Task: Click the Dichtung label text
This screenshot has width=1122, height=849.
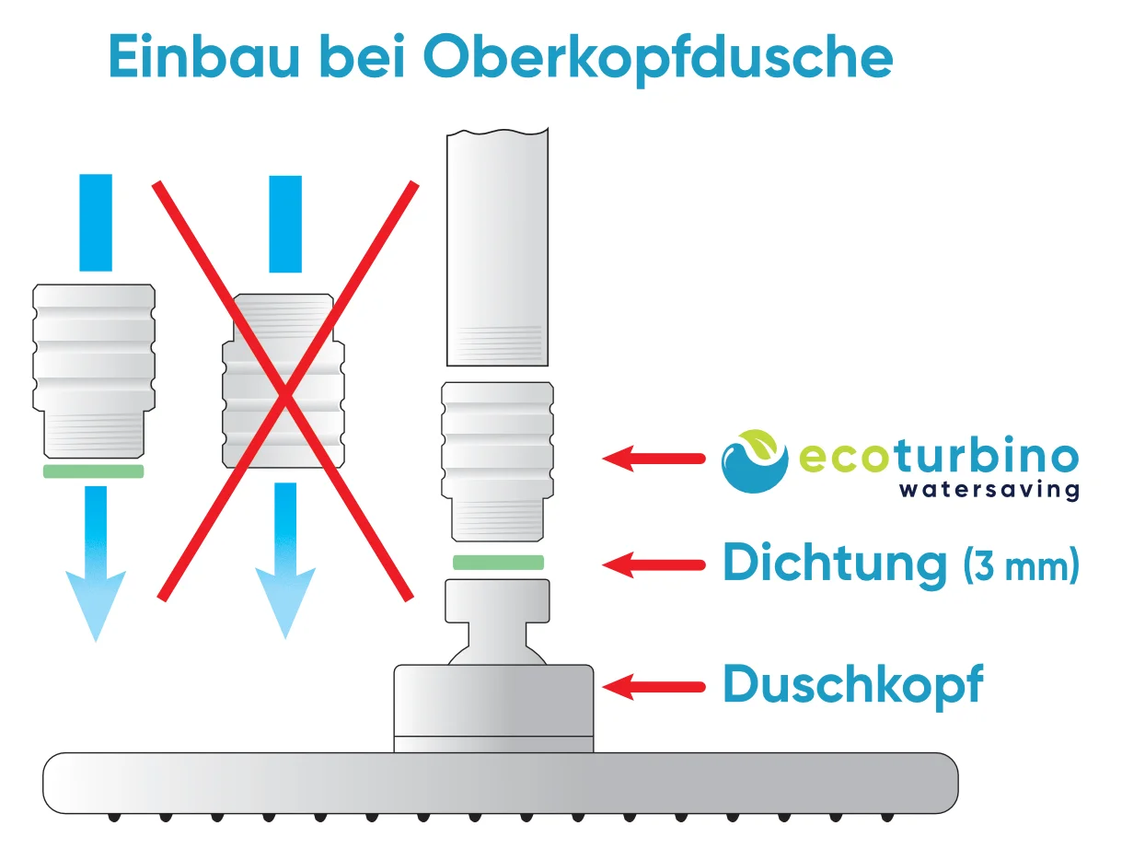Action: (834, 563)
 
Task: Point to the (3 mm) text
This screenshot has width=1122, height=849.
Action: (1021, 564)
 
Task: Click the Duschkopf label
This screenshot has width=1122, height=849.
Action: (852, 685)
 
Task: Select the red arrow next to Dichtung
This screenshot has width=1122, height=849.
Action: (654, 564)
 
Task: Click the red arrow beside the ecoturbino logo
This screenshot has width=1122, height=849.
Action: (654, 457)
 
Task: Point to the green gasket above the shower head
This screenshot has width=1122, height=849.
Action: (498, 563)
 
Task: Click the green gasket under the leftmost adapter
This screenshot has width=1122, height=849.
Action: (93, 471)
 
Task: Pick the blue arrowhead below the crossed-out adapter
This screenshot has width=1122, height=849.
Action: (284, 603)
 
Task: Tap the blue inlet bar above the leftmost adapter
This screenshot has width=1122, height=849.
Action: (95, 222)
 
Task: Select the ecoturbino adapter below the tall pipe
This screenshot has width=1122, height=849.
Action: (497, 460)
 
